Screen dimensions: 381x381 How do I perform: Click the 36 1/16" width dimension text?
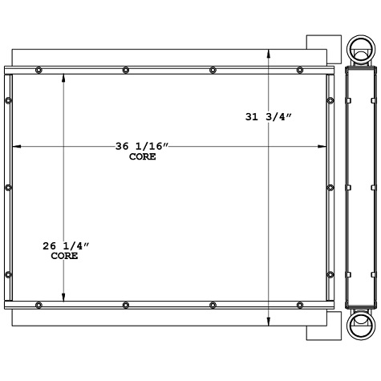(143, 146)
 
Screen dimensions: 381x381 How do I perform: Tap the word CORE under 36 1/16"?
(142, 157)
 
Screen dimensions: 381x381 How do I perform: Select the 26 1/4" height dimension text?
(65, 245)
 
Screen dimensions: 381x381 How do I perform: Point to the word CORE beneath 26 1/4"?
(64, 256)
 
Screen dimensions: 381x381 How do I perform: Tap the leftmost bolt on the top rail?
(39, 70)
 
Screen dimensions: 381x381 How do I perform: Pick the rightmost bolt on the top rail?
(299, 70)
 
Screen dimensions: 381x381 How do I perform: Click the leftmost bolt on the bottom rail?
(39, 304)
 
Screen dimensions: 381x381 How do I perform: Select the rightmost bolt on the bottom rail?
(299, 304)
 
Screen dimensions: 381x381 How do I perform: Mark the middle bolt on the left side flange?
(8, 187)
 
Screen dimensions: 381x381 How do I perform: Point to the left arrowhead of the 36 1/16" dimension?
(16, 146)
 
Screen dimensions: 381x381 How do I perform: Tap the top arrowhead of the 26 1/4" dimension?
(65, 79)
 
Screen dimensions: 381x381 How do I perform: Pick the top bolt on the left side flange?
(8, 100)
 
